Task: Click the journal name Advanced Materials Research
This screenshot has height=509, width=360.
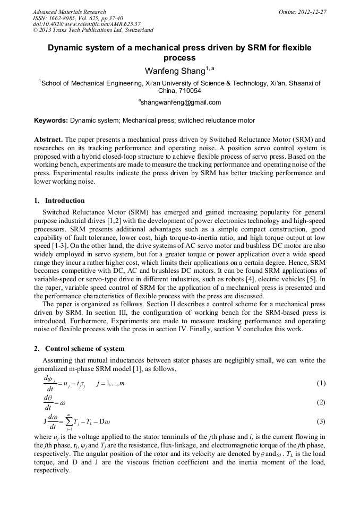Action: pos(69,12)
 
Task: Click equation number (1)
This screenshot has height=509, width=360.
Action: pos(321,383)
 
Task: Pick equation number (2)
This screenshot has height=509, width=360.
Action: pos(321,402)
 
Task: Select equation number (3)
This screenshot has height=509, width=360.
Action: pos(321,421)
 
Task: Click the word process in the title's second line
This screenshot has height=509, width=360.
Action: pos(179,58)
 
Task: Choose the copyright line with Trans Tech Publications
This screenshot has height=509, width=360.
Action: pos(93,30)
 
